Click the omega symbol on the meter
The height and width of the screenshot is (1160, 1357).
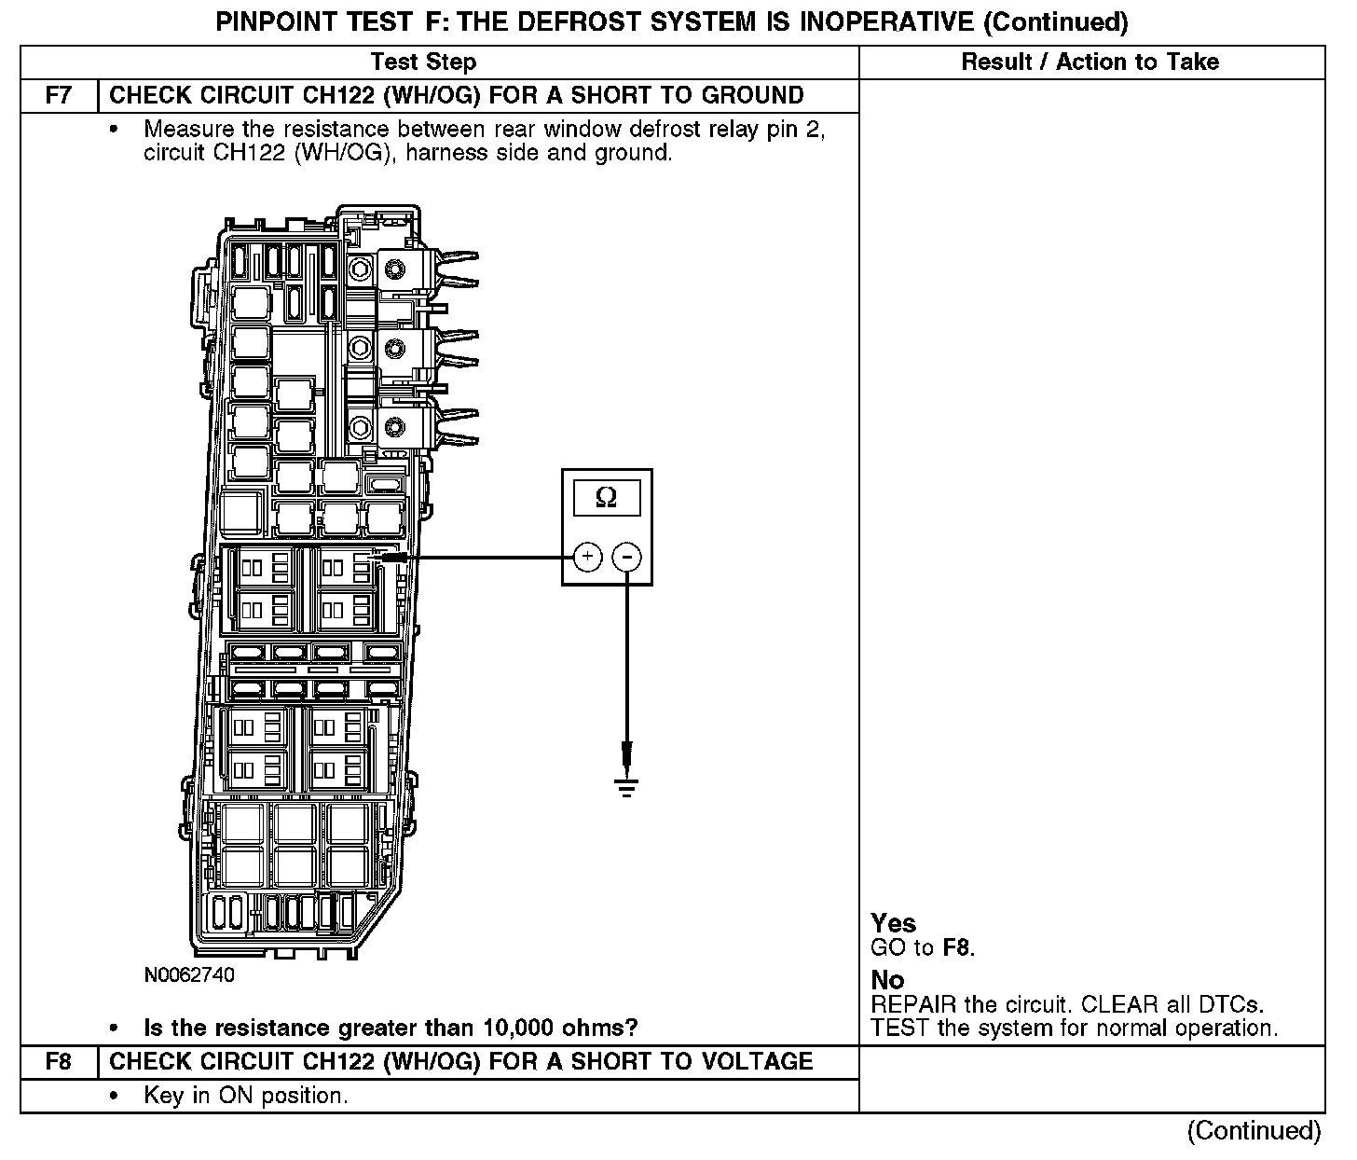click(606, 499)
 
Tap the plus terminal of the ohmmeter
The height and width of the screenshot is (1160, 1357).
click(587, 558)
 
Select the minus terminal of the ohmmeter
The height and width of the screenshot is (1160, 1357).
click(627, 558)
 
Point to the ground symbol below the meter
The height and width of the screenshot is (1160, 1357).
click(626, 789)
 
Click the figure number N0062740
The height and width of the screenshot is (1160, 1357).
click(189, 976)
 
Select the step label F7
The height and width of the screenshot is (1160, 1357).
click(58, 96)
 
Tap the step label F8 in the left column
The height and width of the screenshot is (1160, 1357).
click(58, 1062)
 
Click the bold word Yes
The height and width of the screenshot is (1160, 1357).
click(893, 924)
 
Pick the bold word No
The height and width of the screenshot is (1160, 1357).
click(887, 981)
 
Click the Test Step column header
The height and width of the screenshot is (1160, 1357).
click(423, 62)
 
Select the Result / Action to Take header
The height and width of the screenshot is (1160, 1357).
click(1090, 62)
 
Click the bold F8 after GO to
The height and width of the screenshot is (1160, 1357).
click(956, 949)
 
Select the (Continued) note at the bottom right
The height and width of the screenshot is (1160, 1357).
click(1254, 1131)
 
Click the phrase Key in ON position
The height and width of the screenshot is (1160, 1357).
click(245, 1096)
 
